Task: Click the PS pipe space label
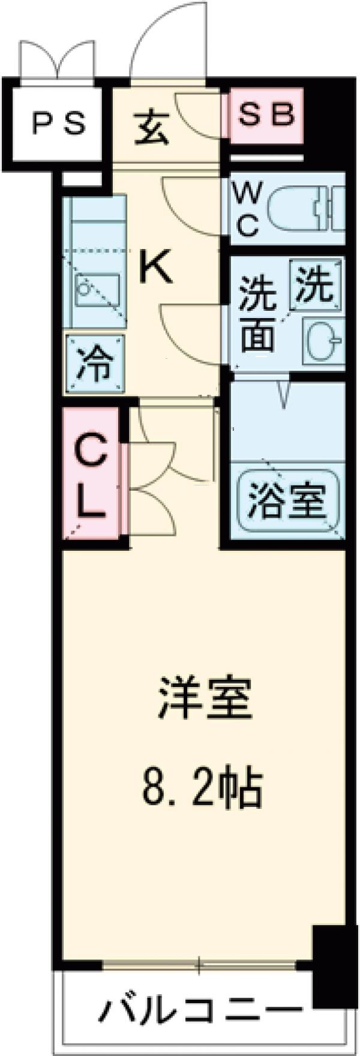[x=58, y=124]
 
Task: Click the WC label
[x=245, y=209]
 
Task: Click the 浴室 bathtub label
[x=287, y=500]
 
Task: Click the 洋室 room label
[x=203, y=698]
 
